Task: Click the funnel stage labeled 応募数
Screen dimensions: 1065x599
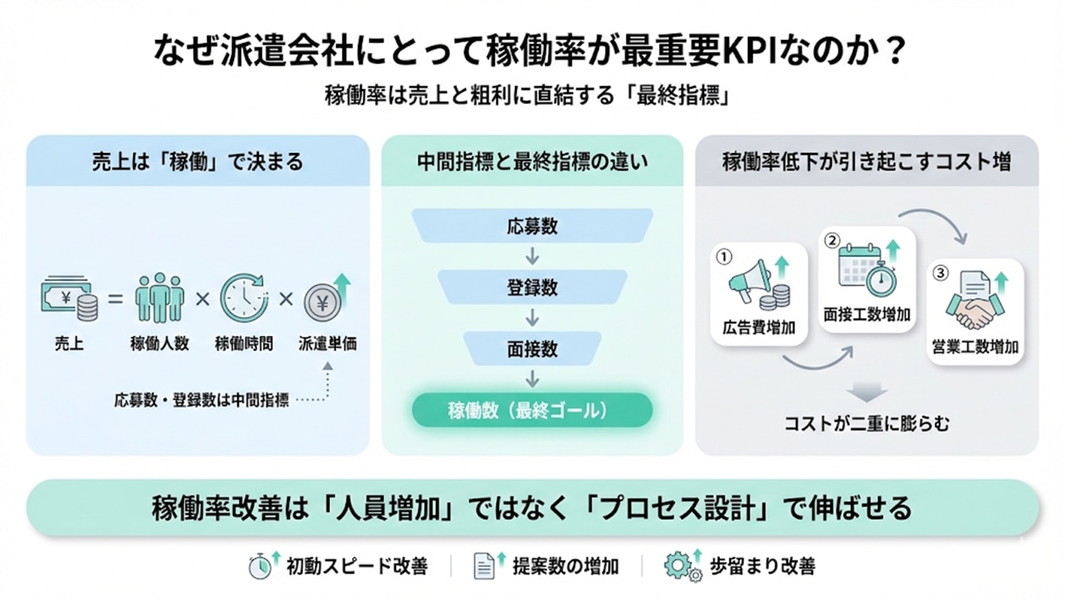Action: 532,225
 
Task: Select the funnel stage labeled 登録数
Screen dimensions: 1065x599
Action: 532,289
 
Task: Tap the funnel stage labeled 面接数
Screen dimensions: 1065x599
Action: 532,349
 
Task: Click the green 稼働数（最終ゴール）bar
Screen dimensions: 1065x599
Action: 532,410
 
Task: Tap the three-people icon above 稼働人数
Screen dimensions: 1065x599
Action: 161,298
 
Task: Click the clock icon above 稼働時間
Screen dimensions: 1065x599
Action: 244,298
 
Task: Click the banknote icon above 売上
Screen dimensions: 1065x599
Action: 67,299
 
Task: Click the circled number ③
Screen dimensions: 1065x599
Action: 940,272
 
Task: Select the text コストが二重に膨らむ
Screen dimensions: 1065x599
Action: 866,423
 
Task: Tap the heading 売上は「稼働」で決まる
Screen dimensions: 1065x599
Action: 198,161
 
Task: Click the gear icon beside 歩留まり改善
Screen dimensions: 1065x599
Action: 679,567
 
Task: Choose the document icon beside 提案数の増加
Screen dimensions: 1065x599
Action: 485,567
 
